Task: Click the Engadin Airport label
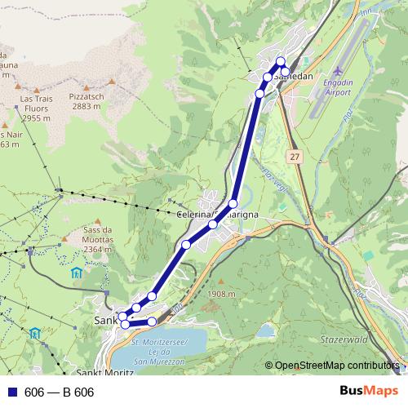334,88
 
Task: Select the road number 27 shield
294,155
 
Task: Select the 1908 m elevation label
221,294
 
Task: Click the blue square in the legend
11,392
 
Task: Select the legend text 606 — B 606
60,392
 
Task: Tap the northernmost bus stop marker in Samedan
280,61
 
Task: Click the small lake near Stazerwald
266,330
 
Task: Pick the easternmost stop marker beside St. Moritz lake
152,322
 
